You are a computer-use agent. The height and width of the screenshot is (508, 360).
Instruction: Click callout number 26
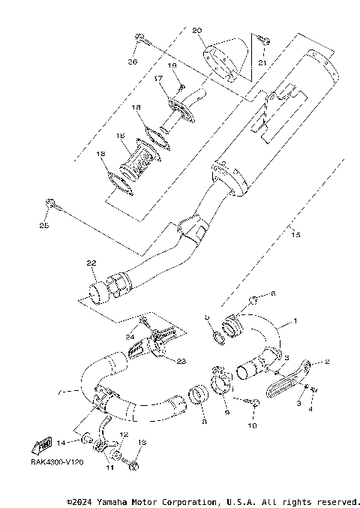click(x=133, y=61)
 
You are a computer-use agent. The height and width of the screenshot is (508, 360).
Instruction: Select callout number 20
click(x=197, y=31)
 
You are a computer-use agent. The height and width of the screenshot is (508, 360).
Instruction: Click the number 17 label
click(x=159, y=79)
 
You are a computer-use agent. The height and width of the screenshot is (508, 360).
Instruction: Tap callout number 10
click(x=252, y=425)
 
